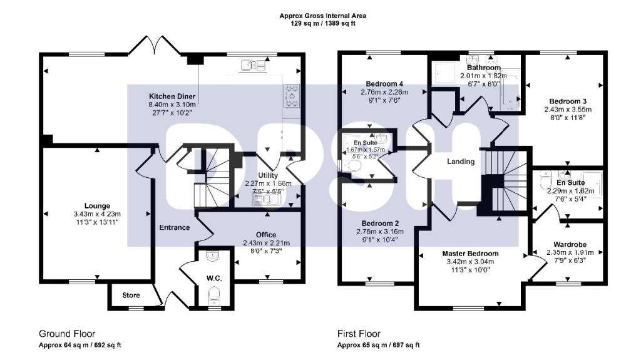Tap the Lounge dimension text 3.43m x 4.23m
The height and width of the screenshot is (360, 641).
pos(97,214)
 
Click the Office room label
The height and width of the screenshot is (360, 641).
pos(265,235)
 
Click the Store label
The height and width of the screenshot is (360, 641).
pos(130,295)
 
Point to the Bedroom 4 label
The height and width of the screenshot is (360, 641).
pos(384,84)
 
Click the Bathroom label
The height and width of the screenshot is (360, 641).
pos(483,68)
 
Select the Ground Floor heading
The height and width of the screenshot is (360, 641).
pos(67,334)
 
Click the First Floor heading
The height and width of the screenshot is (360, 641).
pos(359,334)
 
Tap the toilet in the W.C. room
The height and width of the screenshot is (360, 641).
pos(214,295)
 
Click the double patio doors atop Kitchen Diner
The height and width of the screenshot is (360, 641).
pos(150,46)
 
